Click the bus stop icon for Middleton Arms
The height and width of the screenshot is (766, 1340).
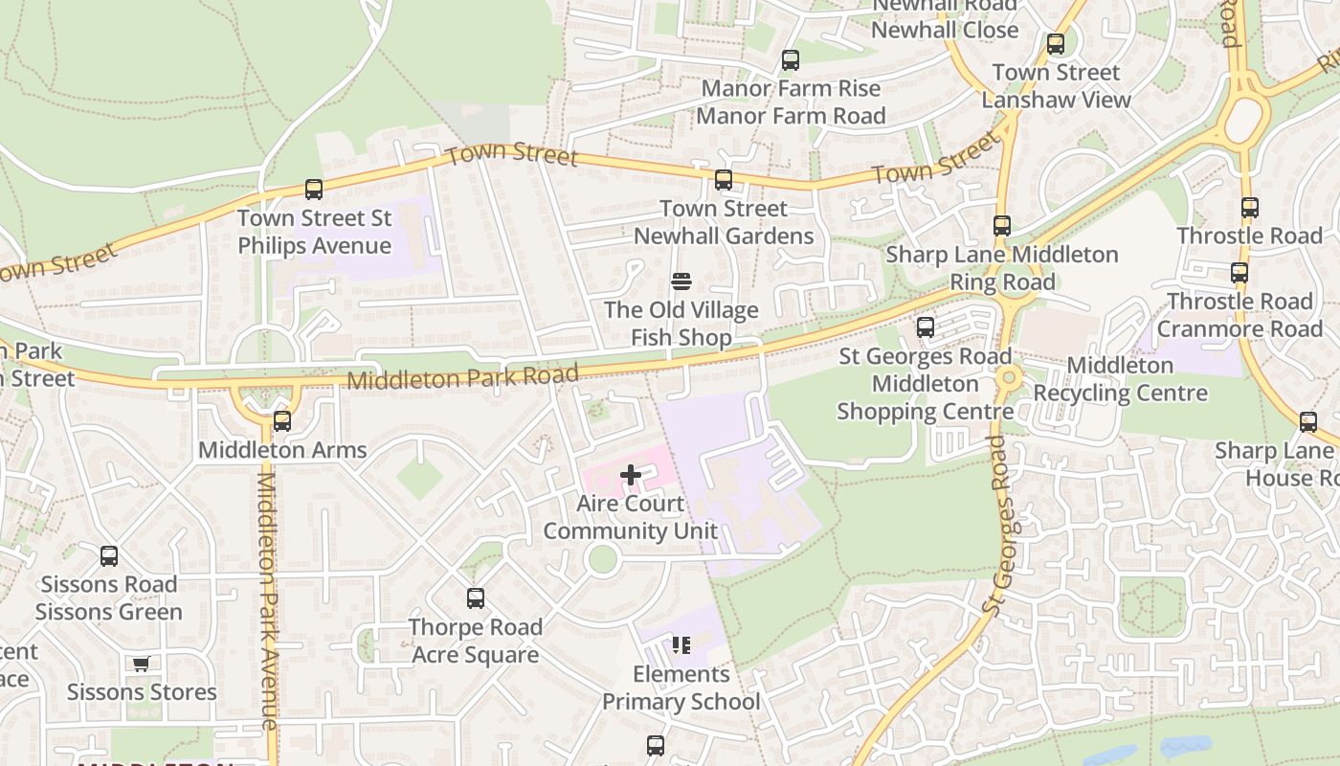(x=281, y=421)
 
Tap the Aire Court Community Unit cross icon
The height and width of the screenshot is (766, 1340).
(x=631, y=475)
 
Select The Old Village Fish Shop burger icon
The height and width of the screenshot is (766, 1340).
(x=681, y=282)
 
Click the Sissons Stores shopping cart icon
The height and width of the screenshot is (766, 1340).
(x=142, y=664)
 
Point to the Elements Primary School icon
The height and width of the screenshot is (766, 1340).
(x=681, y=645)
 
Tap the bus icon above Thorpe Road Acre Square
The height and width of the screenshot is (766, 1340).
(x=476, y=598)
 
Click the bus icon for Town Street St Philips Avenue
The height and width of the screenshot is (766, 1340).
(x=314, y=190)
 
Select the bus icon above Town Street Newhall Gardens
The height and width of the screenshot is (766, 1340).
(x=724, y=180)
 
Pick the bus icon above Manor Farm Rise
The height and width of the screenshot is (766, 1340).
(x=791, y=60)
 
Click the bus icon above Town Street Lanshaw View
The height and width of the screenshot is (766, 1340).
(x=1056, y=44)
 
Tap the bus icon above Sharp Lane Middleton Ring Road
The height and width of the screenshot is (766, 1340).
(x=1002, y=226)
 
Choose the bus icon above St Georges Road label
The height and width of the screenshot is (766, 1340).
(x=926, y=327)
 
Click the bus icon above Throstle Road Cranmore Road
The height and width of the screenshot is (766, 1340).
(x=1239, y=273)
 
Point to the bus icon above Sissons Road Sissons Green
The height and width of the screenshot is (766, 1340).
(x=109, y=556)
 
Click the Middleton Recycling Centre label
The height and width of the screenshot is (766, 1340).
(x=1120, y=379)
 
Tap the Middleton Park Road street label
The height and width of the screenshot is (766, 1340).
(x=463, y=377)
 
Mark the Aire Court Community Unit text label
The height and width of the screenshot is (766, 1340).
(x=630, y=517)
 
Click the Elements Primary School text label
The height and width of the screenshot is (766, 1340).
(x=681, y=688)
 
